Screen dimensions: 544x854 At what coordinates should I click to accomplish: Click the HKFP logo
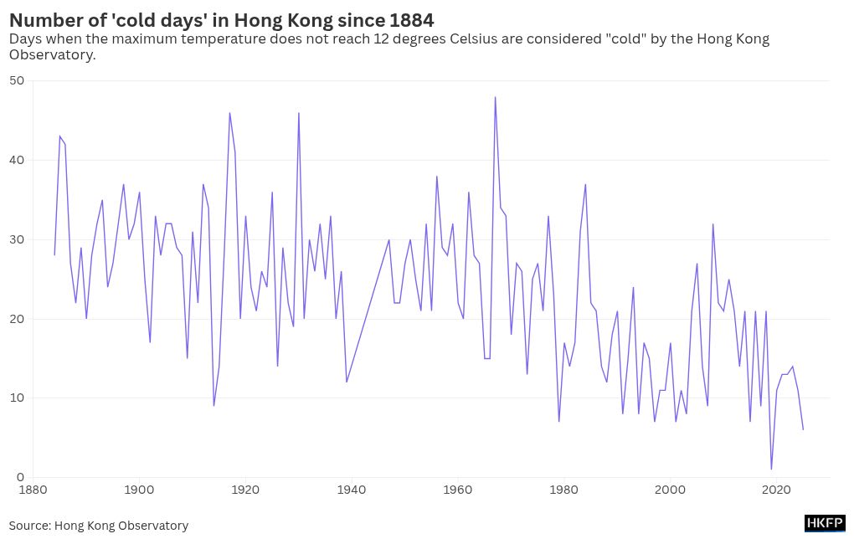825,524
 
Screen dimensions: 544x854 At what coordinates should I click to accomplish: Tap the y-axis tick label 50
17,80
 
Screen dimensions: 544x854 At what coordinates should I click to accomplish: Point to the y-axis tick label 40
17,160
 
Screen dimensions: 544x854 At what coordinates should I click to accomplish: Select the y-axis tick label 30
17,239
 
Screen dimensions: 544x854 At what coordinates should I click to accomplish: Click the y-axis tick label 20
17,319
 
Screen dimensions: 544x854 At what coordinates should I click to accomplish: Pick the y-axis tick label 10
17,398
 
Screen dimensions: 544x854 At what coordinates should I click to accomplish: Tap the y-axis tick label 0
20,477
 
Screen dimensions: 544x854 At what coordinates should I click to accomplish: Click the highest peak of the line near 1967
495,97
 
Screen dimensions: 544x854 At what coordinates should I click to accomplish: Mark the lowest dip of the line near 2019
771,469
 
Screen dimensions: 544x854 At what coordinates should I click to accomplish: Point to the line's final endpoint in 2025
803,429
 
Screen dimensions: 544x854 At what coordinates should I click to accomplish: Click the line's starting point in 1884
54,255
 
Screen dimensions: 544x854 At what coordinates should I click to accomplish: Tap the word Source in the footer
28,526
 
